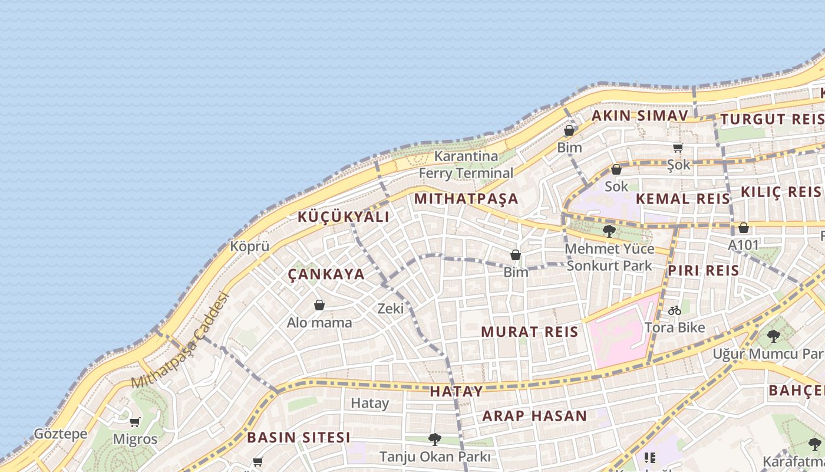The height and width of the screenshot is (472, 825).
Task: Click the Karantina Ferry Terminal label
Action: point(466,165)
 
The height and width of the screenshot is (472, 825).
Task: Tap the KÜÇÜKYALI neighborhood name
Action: point(343,217)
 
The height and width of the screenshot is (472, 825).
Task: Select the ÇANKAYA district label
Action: point(326,274)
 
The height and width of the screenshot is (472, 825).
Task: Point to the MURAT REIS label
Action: point(529,332)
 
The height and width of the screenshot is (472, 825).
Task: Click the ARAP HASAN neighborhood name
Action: point(534,416)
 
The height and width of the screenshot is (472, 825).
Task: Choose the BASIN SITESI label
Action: point(298,438)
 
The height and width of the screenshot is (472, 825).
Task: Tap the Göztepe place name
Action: point(60,434)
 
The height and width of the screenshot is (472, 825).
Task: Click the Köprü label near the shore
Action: point(250,247)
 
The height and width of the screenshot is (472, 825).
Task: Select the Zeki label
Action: point(390,308)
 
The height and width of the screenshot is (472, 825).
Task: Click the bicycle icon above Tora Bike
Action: point(675,310)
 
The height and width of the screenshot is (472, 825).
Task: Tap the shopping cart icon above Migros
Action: point(135,422)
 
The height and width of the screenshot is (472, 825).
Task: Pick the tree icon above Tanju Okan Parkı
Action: point(435,439)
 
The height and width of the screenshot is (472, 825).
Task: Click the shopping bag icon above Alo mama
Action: point(319,305)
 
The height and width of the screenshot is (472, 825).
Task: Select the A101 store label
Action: point(744,244)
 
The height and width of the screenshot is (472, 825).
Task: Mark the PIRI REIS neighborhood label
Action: point(703,271)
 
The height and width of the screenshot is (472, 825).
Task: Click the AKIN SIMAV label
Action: point(639,116)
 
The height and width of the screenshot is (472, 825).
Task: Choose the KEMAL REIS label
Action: point(683,199)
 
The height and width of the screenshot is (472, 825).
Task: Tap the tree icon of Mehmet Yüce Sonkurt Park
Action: point(609,231)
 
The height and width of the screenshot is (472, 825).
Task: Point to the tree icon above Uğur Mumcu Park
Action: point(773,336)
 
